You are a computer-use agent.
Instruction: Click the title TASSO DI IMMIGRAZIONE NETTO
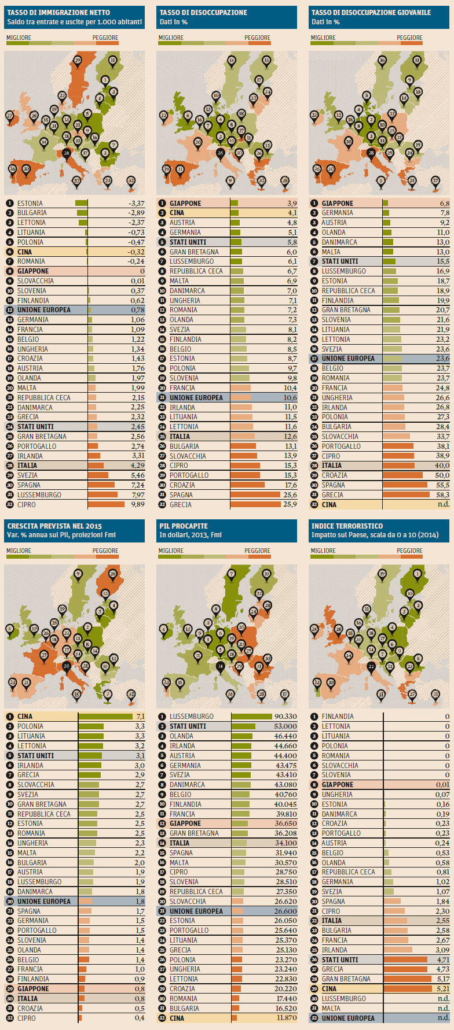pyautogui.click(x=58, y=12)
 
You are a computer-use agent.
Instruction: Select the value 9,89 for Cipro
pyautogui.click(x=137, y=505)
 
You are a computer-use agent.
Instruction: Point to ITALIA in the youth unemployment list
pyautogui.click(x=332, y=466)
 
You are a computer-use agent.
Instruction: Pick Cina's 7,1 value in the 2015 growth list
pyautogui.click(x=140, y=717)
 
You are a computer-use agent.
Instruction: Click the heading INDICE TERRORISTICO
pyautogui.click(x=347, y=526)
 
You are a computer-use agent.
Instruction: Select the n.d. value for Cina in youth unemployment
pyautogui.click(x=443, y=505)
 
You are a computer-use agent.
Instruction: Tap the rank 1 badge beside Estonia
pyautogui.click(x=10, y=204)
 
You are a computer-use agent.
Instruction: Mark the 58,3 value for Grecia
pyautogui.click(x=442, y=495)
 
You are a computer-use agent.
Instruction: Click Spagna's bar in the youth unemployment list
pyautogui.click(x=405, y=485)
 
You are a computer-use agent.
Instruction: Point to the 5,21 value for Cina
pyautogui.click(x=442, y=989)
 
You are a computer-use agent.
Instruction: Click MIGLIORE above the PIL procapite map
pyautogui.click(x=171, y=551)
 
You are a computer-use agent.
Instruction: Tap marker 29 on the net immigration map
pyautogui.click(x=78, y=60)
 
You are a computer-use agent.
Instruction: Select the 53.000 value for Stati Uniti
pyautogui.click(x=285, y=726)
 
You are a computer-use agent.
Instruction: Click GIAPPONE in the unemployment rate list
pyautogui.click(x=185, y=204)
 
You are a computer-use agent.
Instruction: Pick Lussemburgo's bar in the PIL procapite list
pyautogui.click(x=251, y=717)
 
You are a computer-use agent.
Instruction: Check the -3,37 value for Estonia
pyautogui.click(x=136, y=204)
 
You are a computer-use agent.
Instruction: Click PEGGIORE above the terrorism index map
pyautogui.click(x=409, y=551)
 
